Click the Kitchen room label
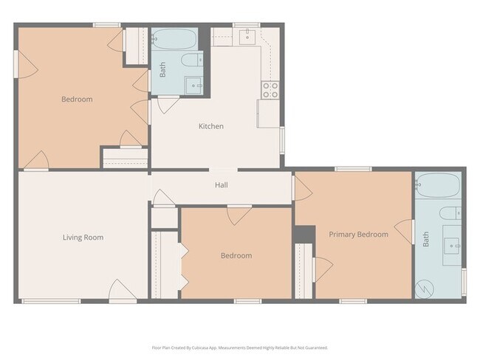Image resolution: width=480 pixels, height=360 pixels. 210,126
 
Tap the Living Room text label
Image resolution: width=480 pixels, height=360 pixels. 83,238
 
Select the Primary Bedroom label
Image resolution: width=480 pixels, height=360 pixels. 358,235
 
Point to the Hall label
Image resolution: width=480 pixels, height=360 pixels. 221,185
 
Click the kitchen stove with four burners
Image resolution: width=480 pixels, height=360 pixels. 270,90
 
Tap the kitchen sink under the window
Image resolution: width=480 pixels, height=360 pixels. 247,37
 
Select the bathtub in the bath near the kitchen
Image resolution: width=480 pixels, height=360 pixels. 173,38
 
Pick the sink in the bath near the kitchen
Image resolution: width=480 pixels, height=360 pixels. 194,86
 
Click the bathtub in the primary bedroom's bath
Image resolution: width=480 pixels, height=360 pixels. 438,187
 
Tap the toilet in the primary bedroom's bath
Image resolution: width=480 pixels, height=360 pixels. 450,215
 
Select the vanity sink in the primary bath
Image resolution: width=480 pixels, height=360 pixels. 451,244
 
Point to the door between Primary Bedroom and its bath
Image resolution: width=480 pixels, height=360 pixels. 403,231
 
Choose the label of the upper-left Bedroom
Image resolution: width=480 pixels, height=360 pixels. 77,99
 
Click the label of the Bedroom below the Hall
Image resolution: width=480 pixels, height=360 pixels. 236,256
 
